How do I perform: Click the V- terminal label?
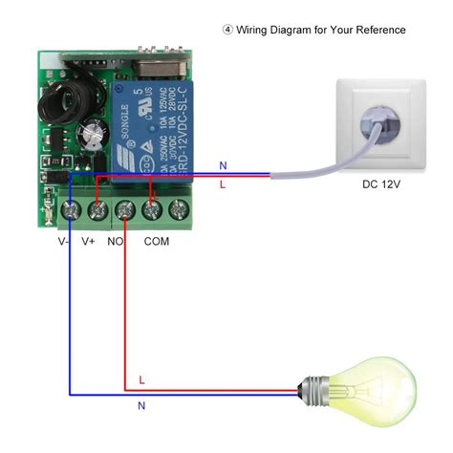coord(63,242)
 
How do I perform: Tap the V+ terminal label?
coord(89,242)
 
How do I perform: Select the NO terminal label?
coord(116,242)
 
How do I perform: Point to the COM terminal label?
coord(157,242)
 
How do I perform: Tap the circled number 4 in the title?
coord(227,30)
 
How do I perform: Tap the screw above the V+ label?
coord(97,209)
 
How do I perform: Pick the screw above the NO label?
coord(124,209)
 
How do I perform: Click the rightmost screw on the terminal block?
coord(178,209)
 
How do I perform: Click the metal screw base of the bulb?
coord(316,390)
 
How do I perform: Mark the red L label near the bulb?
coord(141,379)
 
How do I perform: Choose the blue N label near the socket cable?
coord(223,164)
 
